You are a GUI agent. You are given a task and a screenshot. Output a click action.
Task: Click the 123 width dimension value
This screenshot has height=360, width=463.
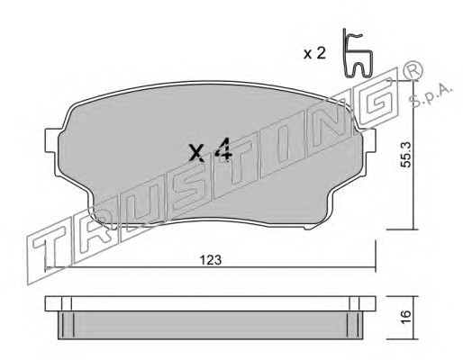pyautogui.click(x=211, y=260)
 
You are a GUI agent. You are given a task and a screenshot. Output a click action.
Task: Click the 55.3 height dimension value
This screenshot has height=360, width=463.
pyautogui.click(x=406, y=155)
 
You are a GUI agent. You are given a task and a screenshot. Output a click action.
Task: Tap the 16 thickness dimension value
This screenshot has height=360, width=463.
pyautogui.click(x=405, y=317)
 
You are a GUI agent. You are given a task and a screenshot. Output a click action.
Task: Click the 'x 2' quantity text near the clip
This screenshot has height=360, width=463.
pyautogui.click(x=314, y=53)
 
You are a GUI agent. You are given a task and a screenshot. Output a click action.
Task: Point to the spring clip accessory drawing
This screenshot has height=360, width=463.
pyautogui.click(x=358, y=54)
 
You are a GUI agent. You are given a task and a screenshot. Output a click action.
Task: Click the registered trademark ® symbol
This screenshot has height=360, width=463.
pyautogui.click(x=413, y=71)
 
